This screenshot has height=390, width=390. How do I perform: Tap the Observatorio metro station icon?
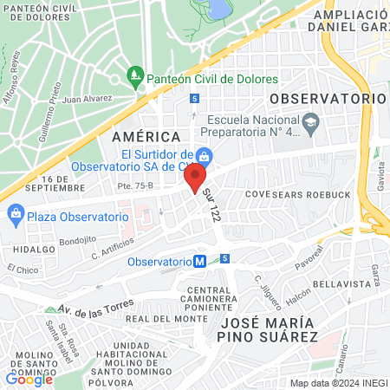click(199, 261)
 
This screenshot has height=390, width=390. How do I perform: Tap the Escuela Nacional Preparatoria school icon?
click(309, 120)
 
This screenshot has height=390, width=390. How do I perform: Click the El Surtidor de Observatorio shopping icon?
click(205, 157)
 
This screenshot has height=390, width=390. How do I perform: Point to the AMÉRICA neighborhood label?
click(146, 137)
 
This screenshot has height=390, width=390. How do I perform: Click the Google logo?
click(29, 379)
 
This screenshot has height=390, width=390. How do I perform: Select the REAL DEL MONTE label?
click(156, 319)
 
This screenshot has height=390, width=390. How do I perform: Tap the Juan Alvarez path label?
click(84, 100)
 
